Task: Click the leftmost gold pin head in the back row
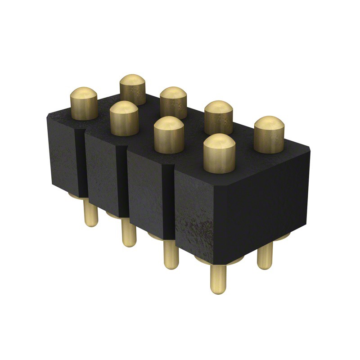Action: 133,89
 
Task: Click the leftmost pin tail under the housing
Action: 90,213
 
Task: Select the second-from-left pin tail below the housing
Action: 129,234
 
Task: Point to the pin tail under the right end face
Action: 264,255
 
